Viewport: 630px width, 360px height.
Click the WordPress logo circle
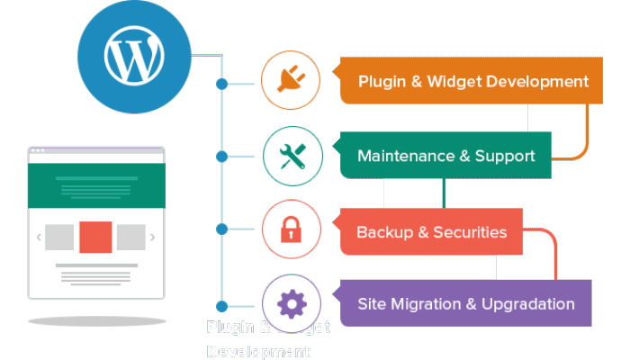pos(134,56)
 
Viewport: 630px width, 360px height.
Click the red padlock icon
pos(292,230)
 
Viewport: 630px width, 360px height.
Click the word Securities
pos(470,232)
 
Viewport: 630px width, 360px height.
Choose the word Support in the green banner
pos(504,156)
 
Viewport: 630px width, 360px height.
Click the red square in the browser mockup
pos(95,237)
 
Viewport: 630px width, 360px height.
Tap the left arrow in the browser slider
pos(39,238)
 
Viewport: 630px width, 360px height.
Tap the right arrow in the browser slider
pos(152,238)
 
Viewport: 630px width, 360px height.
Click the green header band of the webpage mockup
pos(95,186)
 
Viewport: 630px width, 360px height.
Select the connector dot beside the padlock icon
pos(222,230)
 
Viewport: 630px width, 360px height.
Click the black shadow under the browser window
pos(96,319)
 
